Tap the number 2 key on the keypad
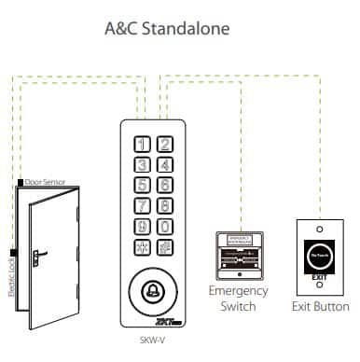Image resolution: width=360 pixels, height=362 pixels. click(163, 145)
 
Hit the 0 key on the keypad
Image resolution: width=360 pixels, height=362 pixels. click(163, 227)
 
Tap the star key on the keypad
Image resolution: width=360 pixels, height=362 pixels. click(143, 248)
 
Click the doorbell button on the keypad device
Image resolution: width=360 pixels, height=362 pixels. click(153, 287)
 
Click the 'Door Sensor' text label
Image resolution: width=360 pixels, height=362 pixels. click(44, 181)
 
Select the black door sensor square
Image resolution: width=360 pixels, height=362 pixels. click(20, 181)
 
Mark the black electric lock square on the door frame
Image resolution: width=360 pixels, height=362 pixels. click(12, 252)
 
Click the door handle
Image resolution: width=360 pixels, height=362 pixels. click(42, 252)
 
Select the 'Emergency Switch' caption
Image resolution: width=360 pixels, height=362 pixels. click(242, 299)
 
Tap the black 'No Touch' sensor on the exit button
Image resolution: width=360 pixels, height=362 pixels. click(320, 251)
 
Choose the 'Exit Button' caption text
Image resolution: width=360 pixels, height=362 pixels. click(320, 306)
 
